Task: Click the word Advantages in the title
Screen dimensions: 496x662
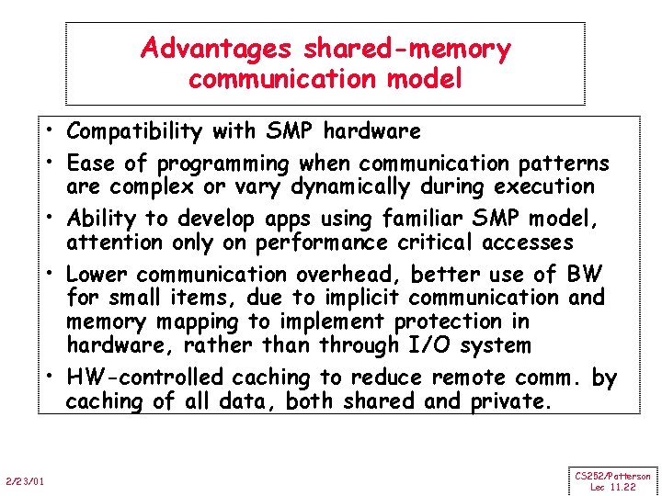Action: pos(214,49)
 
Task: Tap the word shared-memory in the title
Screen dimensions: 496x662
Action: pos(403,49)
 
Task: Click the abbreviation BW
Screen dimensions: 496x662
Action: pos(586,274)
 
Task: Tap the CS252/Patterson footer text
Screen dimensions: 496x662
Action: pos(613,476)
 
